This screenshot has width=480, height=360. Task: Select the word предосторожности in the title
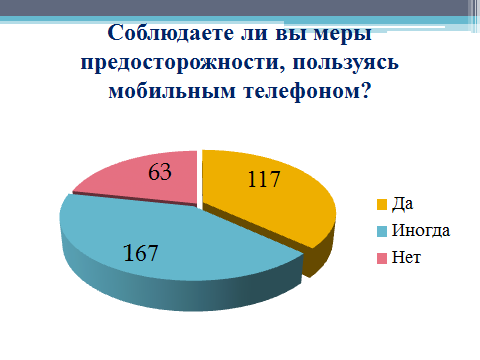click(179, 63)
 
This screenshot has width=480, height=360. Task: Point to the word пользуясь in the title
click(346, 63)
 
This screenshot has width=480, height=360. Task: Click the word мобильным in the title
click(172, 91)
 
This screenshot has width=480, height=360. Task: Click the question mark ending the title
click(365, 90)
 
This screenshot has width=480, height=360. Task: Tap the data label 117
click(264, 180)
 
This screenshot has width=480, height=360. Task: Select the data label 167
click(140, 253)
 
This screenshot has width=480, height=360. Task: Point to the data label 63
click(160, 172)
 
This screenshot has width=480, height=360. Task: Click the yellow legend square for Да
click(382, 205)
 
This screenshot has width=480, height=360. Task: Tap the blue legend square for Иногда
click(382, 231)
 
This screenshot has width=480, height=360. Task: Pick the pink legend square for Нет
click(382, 258)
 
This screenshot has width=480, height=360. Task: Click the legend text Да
click(402, 204)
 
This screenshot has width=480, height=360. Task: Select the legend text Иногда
click(421, 231)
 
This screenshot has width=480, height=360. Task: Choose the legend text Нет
click(406, 258)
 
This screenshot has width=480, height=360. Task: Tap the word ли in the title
click(254, 35)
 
